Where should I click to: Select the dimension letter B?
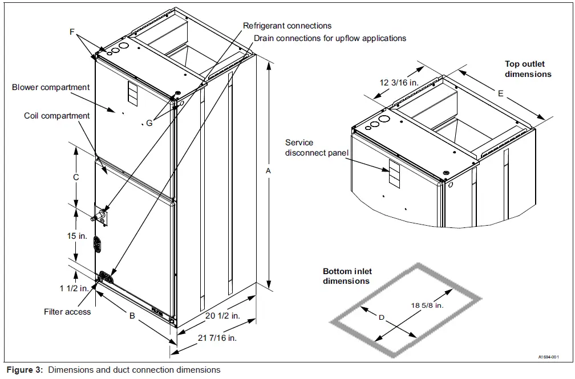point(132,315)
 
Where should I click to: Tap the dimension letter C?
point(75,177)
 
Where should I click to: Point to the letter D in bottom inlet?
point(381,317)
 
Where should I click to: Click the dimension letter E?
point(500,93)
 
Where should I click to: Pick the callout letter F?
point(72,32)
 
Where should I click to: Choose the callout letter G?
point(149,123)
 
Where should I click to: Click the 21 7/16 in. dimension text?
point(217,337)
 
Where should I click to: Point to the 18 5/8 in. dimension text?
point(427,305)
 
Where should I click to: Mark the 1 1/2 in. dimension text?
point(74,288)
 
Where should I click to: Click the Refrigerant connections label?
point(287,26)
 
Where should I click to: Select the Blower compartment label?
point(51,87)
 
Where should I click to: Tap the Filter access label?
point(67,312)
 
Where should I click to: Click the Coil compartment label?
point(56,116)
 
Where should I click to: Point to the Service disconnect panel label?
point(317,148)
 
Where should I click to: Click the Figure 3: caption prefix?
point(25,370)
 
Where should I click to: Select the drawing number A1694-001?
point(552,357)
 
